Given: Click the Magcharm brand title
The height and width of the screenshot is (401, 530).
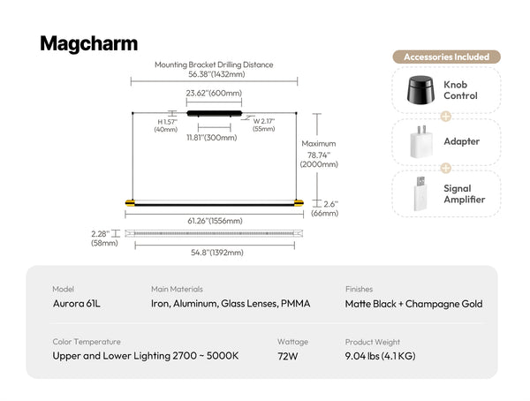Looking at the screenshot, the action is pos(89,44).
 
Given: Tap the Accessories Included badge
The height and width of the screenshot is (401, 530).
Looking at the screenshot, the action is pos(446,57).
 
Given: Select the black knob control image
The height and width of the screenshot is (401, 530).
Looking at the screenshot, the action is pos(420,89).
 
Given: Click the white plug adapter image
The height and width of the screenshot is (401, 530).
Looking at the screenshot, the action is pos(421,141).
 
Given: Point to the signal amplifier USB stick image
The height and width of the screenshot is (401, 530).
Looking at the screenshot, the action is pos(420,193).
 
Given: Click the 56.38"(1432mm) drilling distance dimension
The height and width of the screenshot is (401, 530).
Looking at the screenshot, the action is pos(216,74).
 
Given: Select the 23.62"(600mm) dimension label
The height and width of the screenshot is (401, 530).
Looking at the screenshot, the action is pos(214,93).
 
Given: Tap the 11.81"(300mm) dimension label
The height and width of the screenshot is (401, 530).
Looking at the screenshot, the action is pos(212,138).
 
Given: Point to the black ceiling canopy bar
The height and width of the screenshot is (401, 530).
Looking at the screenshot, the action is pos(215,114).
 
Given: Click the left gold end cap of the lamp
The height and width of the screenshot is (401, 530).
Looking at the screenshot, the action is pos(130,203).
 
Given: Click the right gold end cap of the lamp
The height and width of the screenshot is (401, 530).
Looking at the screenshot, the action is pos(299,203).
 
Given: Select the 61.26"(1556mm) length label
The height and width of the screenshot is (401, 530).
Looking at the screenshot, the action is pos(215,221).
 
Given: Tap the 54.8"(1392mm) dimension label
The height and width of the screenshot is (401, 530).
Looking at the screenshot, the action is pos(217,253).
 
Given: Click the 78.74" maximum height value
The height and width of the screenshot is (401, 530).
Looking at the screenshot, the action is pos(319,155).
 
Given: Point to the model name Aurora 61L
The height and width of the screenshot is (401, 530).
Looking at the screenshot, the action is pos(76,304).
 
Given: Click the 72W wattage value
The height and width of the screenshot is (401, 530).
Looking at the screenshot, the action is pos(288,356).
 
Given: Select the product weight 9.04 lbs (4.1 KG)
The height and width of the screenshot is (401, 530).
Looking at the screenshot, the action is pos(380,356).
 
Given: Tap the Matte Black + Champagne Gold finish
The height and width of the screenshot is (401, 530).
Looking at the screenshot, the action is pos(413,304).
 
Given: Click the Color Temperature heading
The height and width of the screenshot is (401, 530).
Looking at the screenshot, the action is pos(87,342).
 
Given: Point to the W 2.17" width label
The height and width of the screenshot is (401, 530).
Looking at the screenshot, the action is pos(264,121).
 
